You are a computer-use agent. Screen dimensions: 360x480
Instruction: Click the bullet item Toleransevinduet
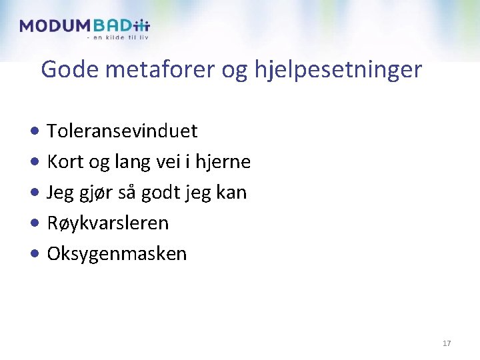coord(122,131)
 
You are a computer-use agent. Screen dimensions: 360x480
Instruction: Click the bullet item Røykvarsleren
coord(108,223)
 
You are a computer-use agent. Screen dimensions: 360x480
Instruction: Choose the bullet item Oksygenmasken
coord(117,254)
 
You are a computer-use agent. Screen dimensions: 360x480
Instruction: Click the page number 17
coord(447,343)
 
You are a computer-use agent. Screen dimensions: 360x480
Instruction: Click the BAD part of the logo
coord(112,26)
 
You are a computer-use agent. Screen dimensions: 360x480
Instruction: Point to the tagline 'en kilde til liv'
coord(118,37)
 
